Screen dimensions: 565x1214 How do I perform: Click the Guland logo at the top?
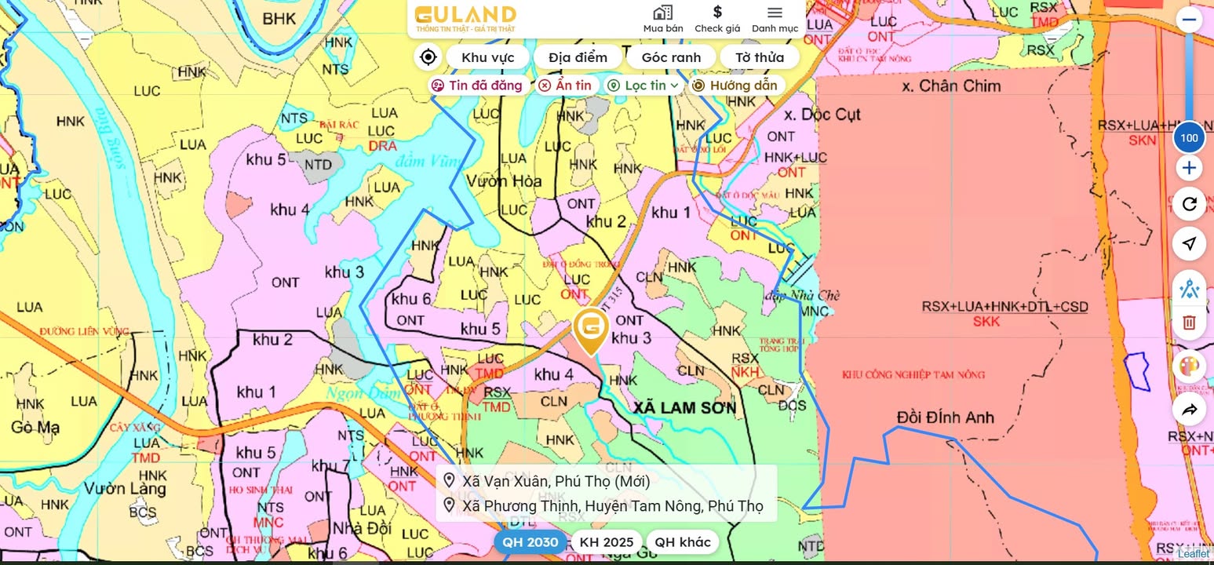465,18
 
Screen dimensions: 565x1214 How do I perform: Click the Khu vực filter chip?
487,57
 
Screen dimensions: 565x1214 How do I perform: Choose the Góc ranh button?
671,57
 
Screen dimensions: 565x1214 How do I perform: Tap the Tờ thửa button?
759,57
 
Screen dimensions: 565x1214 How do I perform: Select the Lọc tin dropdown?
644,86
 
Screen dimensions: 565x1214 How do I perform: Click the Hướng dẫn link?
735,86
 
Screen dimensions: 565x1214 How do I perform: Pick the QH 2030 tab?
530,542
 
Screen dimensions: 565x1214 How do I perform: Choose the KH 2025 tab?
606,542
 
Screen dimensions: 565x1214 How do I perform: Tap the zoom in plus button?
1189,168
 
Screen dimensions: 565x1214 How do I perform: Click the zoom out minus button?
1189,20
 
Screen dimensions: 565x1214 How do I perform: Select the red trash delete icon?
1189,323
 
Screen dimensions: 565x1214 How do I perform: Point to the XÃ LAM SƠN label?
685,408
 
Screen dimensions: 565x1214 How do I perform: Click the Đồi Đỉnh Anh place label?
945,417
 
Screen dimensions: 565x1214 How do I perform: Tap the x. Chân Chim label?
951,86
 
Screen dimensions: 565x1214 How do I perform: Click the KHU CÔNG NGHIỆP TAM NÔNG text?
913,374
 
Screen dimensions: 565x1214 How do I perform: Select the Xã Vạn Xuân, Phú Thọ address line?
556,481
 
